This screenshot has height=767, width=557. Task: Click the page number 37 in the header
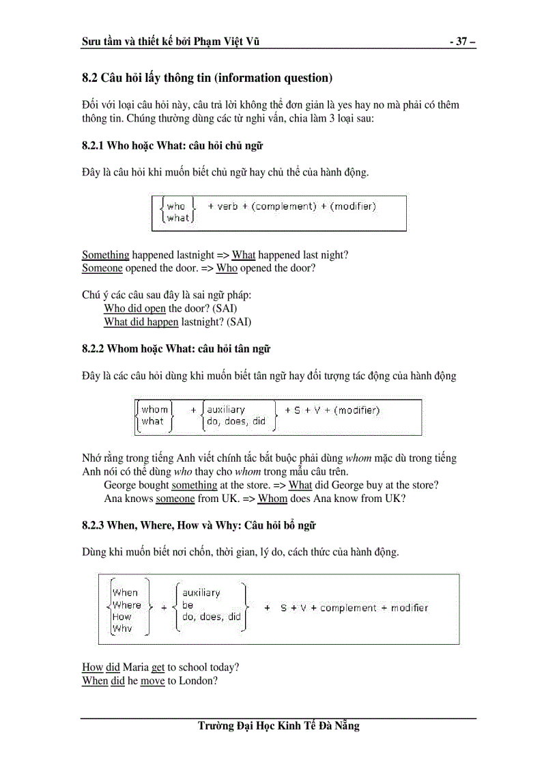point(461,42)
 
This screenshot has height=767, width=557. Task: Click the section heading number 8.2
point(90,78)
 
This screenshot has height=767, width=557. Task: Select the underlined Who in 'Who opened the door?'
point(227,268)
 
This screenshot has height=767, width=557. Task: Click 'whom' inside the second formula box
point(155,410)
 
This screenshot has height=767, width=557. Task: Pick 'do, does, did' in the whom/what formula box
point(236,421)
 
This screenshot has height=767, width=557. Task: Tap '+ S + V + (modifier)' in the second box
point(332,410)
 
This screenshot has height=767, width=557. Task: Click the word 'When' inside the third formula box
point(125,593)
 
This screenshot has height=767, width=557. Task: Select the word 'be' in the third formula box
point(188,605)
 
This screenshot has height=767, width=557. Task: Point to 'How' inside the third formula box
point(122,617)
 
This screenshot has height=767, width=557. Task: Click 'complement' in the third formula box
point(348,608)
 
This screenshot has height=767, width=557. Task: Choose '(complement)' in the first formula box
point(284,206)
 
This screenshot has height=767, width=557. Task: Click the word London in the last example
point(195,681)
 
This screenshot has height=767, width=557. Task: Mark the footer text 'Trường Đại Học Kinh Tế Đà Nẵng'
point(278,725)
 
